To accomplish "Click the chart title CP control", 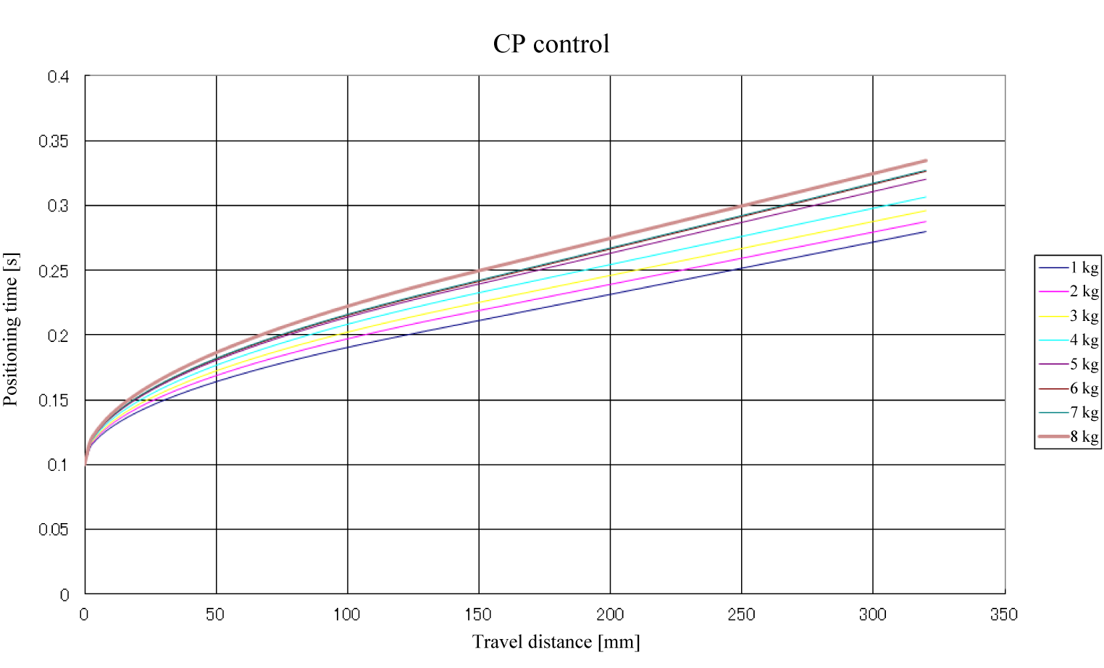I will pos(551,44).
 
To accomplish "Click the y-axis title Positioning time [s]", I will pos(11,330).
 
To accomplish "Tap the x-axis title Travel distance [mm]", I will pos(556,642).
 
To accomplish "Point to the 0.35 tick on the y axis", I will pos(54,141).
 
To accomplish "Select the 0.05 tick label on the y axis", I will pos(54,530).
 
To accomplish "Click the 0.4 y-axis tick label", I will pos(58,77).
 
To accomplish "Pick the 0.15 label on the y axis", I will pos(54,401).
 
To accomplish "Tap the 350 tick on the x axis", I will pos(1004,615).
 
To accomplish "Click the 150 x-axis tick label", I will pos(478,615).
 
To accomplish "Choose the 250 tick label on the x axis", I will pos(741,615).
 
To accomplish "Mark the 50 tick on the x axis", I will pos(215,615).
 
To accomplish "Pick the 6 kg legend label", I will pos(1084,388).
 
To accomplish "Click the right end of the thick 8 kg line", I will pos(926,161).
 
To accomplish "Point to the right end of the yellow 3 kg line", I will pos(926,211).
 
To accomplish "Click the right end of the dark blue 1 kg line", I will pos(926,232).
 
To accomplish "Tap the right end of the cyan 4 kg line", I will pos(926,197).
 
